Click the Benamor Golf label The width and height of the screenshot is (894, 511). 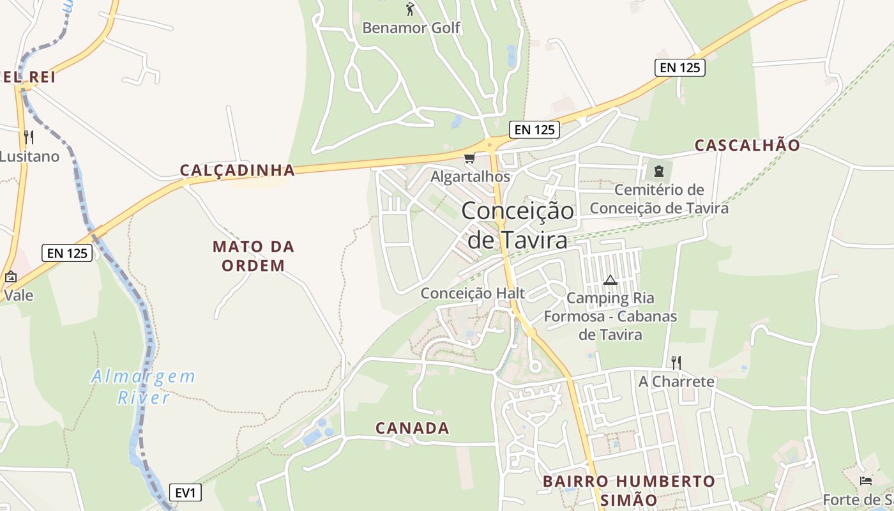(x=411, y=28)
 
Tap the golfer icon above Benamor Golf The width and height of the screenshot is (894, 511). (x=410, y=9)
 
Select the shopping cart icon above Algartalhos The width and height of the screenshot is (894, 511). (x=470, y=158)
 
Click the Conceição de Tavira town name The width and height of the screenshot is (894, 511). (x=517, y=225)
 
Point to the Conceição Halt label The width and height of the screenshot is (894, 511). (x=473, y=293)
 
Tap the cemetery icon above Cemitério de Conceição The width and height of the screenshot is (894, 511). (x=658, y=171)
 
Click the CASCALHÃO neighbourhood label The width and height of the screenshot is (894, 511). (x=747, y=145)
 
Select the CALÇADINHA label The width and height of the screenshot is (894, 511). (x=238, y=170)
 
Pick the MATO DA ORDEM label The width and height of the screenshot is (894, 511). (x=253, y=256)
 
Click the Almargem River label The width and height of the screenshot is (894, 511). (x=143, y=387)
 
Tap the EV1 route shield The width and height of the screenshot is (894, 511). (x=186, y=492)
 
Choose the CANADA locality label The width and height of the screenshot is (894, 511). (x=412, y=428)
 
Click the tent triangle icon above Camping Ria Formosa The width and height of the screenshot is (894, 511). (x=610, y=280)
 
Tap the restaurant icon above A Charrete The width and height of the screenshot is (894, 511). (x=676, y=363)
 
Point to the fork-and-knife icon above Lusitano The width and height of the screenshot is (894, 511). (x=28, y=137)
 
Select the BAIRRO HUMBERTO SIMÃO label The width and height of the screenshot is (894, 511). (x=629, y=490)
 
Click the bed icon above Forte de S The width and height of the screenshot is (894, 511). (x=866, y=480)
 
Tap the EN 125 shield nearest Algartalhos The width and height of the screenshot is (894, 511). (x=534, y=130)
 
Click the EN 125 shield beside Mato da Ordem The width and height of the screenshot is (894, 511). (x=67, y=253)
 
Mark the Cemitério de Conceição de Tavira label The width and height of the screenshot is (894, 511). (x=659, y=199)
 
